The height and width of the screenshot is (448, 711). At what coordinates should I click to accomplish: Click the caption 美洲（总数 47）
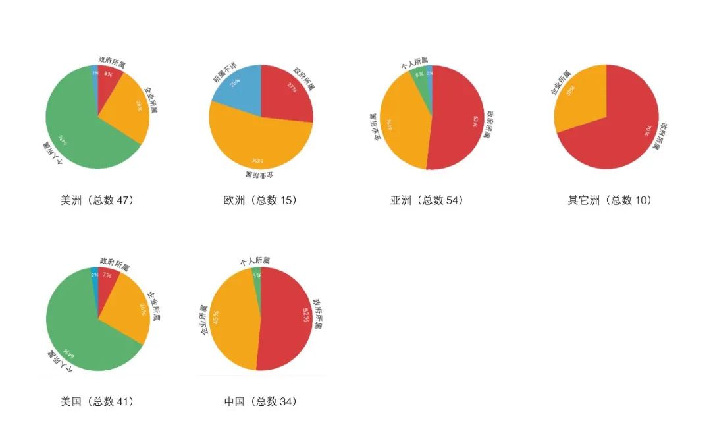97,200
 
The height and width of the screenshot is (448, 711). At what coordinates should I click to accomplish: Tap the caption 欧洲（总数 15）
260,200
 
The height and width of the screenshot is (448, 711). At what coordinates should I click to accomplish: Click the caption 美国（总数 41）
97,401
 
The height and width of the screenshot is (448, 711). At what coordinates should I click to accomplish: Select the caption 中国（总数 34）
260,401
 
